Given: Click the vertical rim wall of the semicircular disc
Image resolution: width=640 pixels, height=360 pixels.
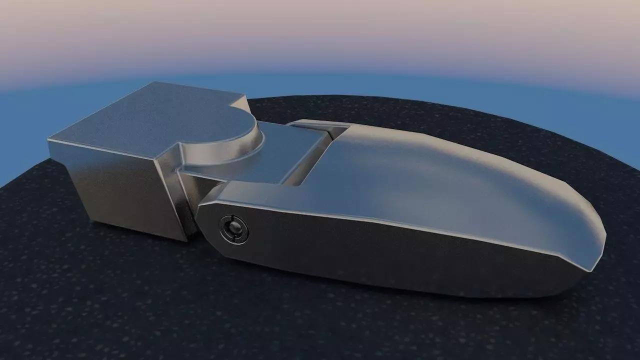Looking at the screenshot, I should (250, 147).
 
